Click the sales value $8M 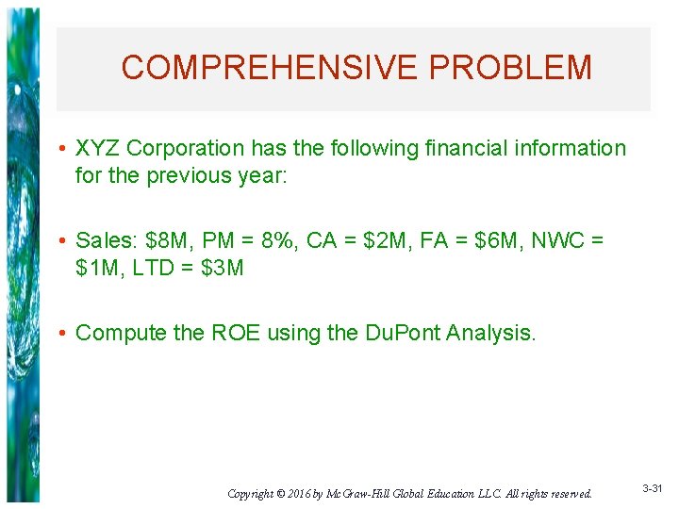(x=166, y=241)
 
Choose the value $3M (x=223, y=268)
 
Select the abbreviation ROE (x=229, y=333)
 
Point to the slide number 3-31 (x=653, y=489)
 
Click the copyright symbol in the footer (x=282, y=493)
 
